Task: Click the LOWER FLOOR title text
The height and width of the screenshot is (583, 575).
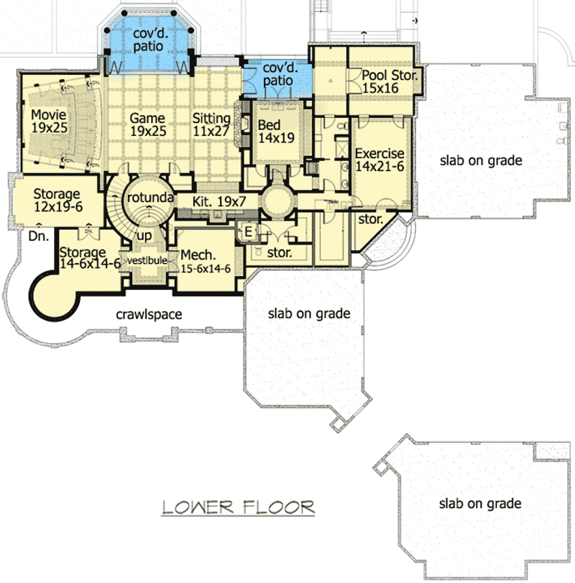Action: click(238, 507)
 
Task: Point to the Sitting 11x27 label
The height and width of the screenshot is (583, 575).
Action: click(211, 125)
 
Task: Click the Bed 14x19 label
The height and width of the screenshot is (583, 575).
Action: click(275, 132)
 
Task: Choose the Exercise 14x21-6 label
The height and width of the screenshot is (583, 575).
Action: click(379, 160)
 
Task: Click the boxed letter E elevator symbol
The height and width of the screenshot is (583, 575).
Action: click(248, 231)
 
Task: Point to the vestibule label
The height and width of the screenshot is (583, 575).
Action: click(147, 260)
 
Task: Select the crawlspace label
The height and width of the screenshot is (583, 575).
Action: click(151, 314)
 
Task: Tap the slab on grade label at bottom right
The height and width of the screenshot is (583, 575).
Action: click(481, 504)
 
